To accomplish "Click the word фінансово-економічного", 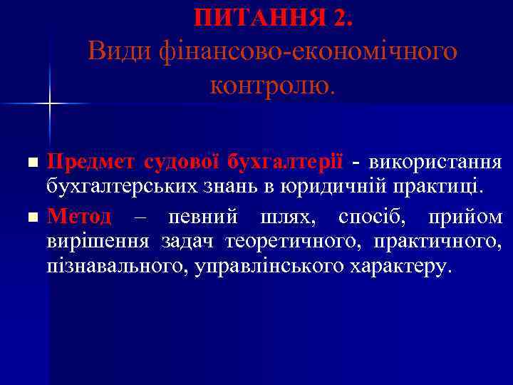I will tap(299, 51).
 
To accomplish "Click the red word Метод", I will tap(79, 215).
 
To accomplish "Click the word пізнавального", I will tap(115, 267).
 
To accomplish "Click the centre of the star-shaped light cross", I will tap(49, 104).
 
